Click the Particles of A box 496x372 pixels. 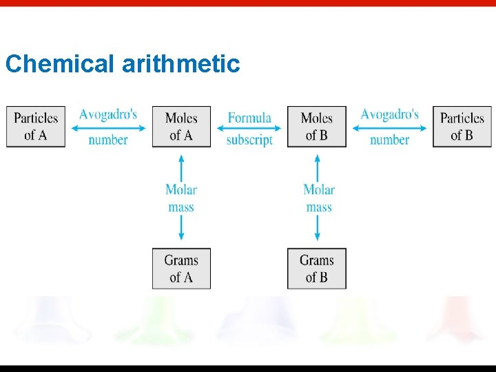click(x=36, y=126)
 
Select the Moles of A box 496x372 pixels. click(x=181, y=126)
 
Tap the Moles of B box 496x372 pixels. click(x=317, y=126)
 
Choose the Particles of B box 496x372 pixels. click(x=462, y=126)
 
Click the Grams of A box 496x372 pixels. click(x=181, y=269)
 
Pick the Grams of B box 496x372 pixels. click(x=317, y=269)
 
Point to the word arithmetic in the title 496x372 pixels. click(x=180, y=64)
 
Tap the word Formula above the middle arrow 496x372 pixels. click(x=249, y=118)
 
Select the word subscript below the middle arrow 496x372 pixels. click(x=249, y=139)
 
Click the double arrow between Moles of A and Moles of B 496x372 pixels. click(x=249, y=129)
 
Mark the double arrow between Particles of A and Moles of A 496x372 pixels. click(x=108, y=129)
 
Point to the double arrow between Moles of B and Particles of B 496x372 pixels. click(x=389, y=129)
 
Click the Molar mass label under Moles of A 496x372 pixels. click(x=181, y=198)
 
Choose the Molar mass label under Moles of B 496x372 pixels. click(x=318, y=198)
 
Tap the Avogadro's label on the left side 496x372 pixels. click(x=108, y=114)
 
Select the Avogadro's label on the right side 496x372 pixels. click(x=389, y=114)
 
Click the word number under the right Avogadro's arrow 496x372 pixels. click(x=389, y=140)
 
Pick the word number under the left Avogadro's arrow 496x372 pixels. click(x=108, y=140)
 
